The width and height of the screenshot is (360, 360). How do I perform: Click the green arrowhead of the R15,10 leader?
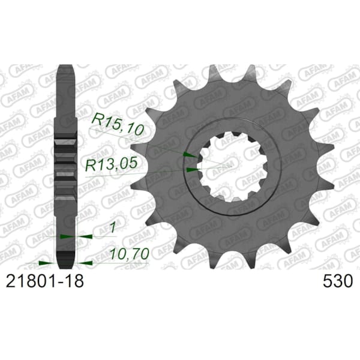click(x=190, y=155)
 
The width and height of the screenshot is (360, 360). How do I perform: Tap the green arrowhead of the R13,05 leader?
click(x=191, y=170)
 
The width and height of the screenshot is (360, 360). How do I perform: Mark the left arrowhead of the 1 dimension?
click(x=64, y=236)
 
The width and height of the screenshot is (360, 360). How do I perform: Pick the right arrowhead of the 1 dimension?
click(x=84, y=236)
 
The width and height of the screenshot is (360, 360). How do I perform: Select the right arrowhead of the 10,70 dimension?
click(x=86, y=262)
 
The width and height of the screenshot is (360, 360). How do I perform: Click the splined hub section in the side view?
click(x=65, y=162)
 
